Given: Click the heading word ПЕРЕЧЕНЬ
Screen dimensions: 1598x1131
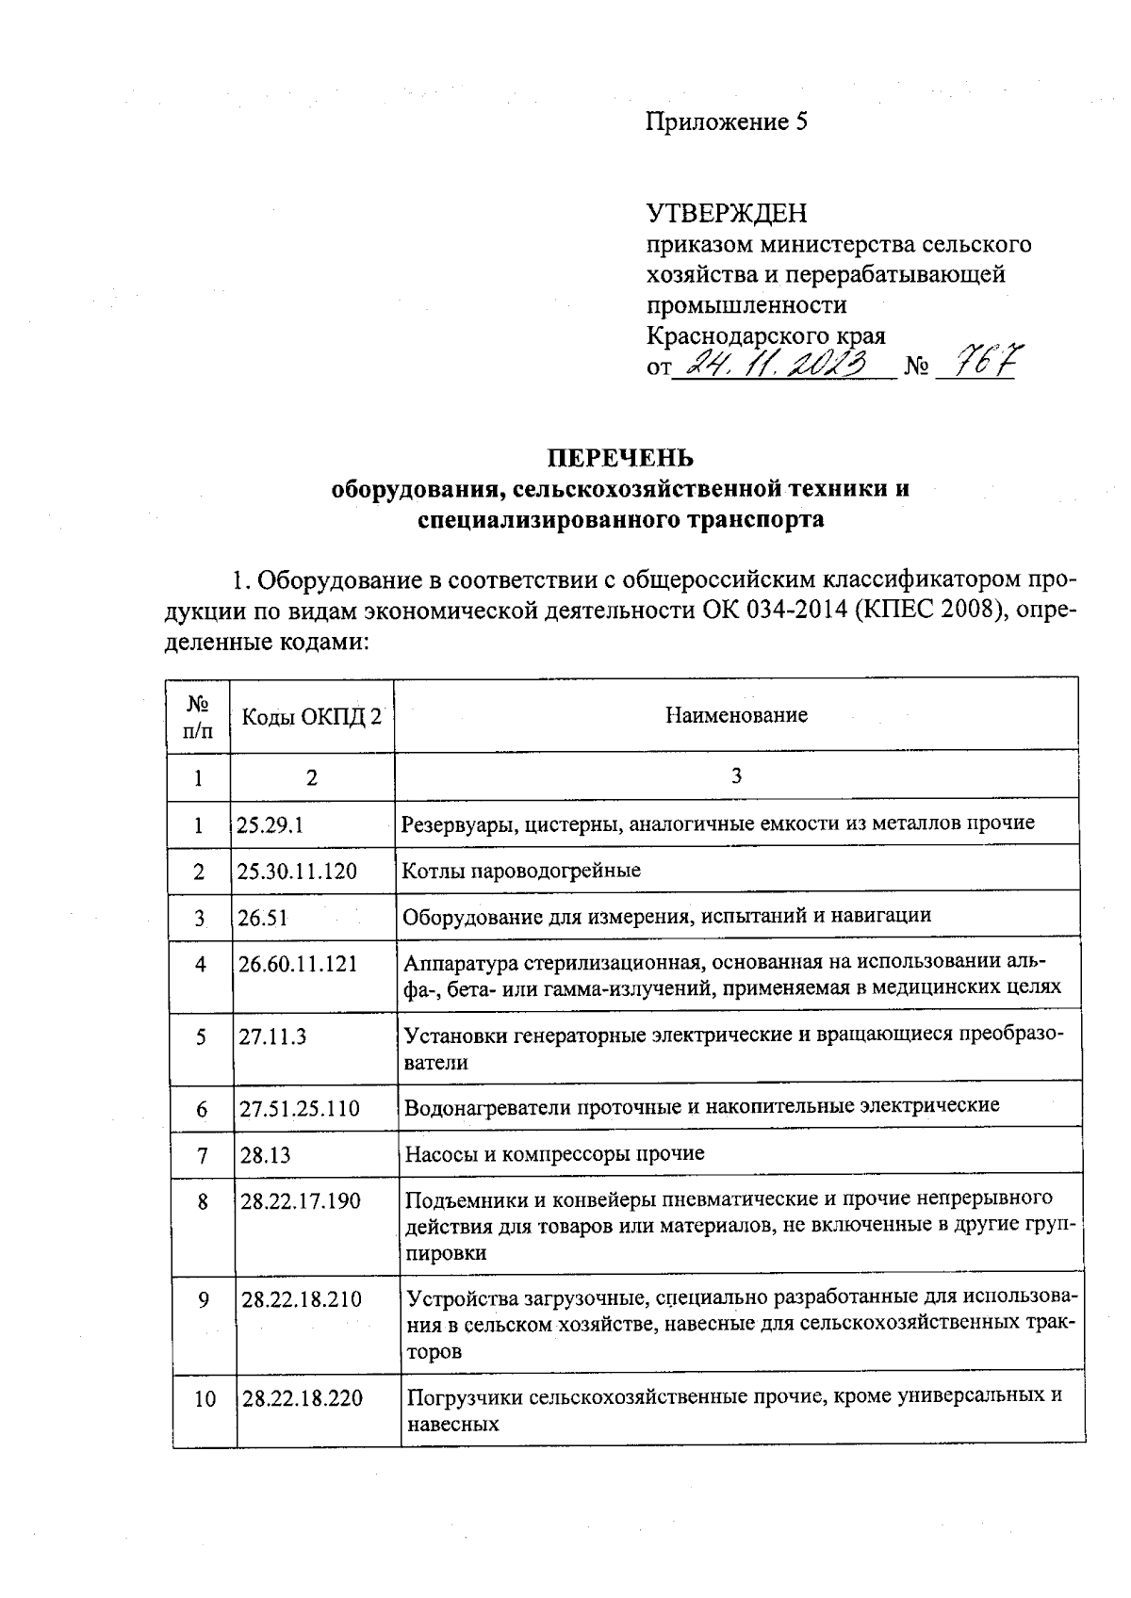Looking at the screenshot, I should point(621,458).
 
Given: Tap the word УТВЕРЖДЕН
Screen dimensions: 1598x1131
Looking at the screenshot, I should point(726,214).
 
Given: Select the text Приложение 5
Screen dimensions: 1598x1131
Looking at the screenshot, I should point(726,122).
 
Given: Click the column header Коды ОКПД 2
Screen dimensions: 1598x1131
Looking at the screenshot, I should point(312,715).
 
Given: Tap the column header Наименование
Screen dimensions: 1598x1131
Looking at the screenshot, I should point(736,715).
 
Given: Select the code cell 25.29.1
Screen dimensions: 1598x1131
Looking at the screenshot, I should point(270,824).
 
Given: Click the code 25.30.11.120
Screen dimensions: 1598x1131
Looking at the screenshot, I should point(297,871).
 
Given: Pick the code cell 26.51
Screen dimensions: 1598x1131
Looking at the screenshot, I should point(263,917).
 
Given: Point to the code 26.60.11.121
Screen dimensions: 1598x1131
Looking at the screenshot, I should point(298,965).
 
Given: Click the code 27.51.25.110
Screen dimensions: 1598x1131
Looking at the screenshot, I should point(300,1108).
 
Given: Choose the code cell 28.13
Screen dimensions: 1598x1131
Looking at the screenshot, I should point(265,1154).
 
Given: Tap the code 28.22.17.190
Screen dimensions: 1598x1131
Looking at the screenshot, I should point(301,1201).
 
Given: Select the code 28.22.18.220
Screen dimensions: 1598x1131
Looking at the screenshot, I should point(303,1398).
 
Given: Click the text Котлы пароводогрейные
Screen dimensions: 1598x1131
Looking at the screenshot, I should point(521,871).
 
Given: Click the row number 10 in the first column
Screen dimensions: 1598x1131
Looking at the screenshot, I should point(205,1399).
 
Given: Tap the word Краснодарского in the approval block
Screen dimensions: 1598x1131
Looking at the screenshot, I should point(727,335).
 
